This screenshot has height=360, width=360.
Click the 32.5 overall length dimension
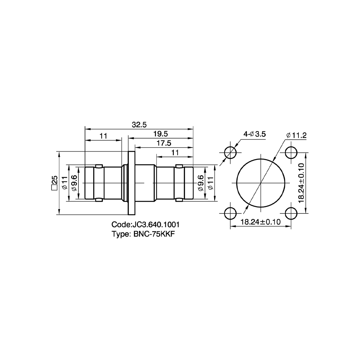coord(139,125)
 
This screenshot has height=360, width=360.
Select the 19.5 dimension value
coord(161,134)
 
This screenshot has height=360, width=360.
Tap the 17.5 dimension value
coord(164,143)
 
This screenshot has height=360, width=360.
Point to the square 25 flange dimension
coord(54,183)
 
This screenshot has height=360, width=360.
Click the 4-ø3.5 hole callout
coord(255,134)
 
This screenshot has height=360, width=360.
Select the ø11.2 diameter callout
coord(296,135)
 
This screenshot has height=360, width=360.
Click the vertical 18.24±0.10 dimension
coord(301,183)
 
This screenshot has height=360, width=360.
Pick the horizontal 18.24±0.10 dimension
coord(261,222)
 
